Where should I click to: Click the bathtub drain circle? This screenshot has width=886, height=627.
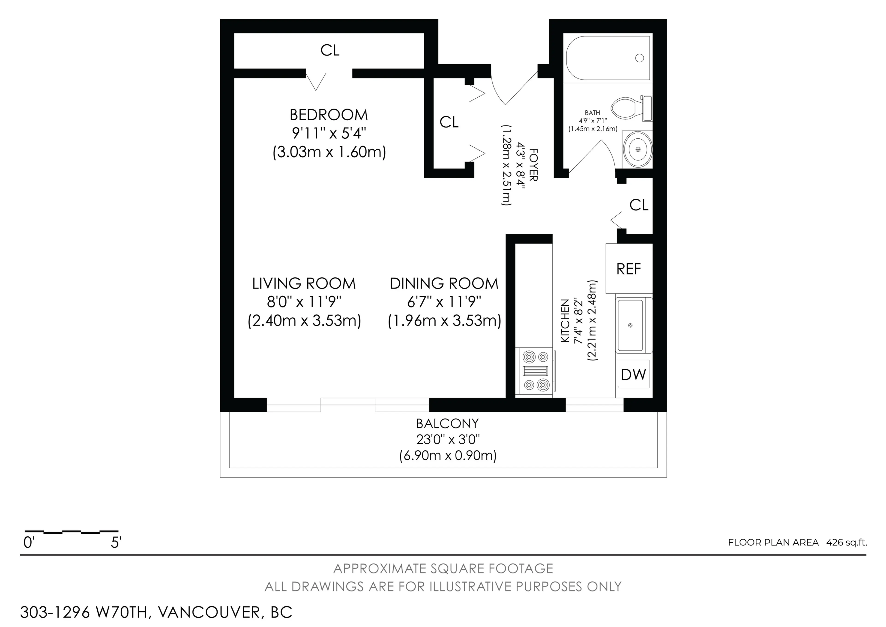point(639,58)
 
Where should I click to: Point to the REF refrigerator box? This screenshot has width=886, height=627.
point(629,269)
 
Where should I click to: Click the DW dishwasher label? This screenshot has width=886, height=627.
point(633,374)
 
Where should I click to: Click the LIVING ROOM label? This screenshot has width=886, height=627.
point(304,283)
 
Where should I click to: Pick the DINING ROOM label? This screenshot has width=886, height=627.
point(444,283)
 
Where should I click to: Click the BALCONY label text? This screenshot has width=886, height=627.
point(447,424)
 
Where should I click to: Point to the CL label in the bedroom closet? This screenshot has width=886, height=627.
point(330,50)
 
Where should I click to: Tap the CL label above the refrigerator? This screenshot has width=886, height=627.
point(639,205)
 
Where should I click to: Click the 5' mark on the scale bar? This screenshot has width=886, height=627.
point(116,543)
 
